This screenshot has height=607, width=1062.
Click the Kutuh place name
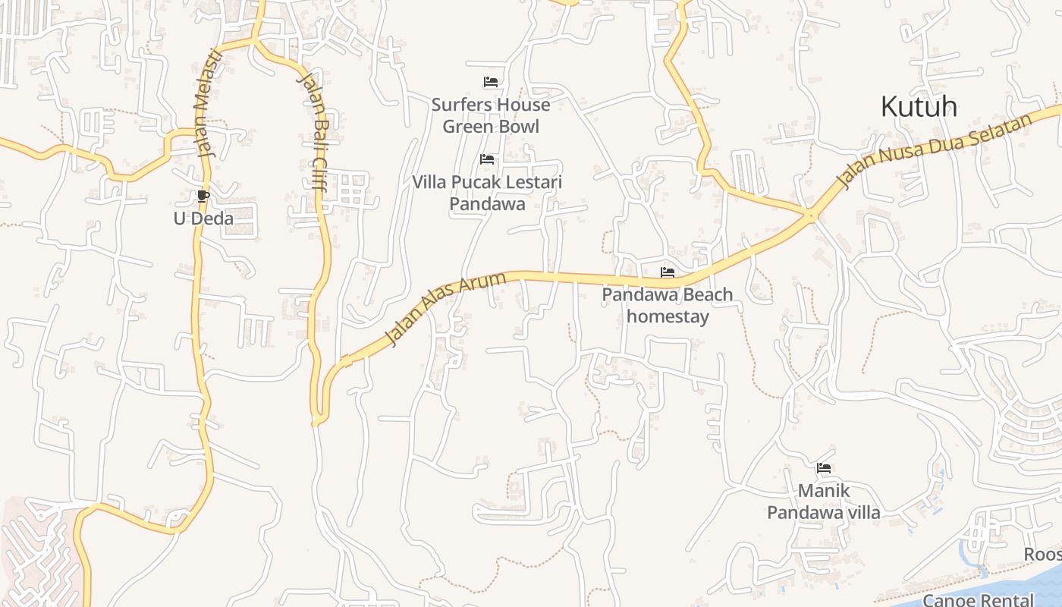[919, 107]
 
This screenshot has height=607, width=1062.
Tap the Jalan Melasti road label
[207, 102]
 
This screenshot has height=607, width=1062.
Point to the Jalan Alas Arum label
[445, 310]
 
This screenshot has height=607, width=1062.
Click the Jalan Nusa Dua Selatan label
[935, 150]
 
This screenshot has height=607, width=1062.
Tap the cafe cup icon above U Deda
[203, 197]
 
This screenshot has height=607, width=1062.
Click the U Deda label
[203, 219]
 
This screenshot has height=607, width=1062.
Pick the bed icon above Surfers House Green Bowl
[491, 82]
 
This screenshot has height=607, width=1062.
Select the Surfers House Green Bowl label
[491, 115]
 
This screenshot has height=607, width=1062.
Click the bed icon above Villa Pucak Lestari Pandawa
[487, 159]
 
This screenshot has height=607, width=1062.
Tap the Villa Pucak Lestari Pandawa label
[487, 193]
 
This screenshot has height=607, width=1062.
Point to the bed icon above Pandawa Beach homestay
[668, 272]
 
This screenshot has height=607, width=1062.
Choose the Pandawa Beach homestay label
[668, 305]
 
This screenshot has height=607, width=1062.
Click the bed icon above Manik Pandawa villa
[824, 468]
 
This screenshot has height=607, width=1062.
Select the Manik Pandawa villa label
[824, 502]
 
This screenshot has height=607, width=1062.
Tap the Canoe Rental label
[979, 600]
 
